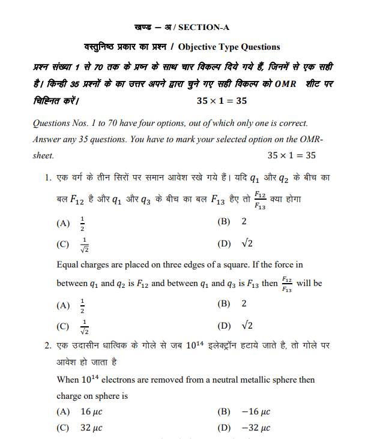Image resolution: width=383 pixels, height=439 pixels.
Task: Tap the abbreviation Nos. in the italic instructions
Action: pos(85,124)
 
